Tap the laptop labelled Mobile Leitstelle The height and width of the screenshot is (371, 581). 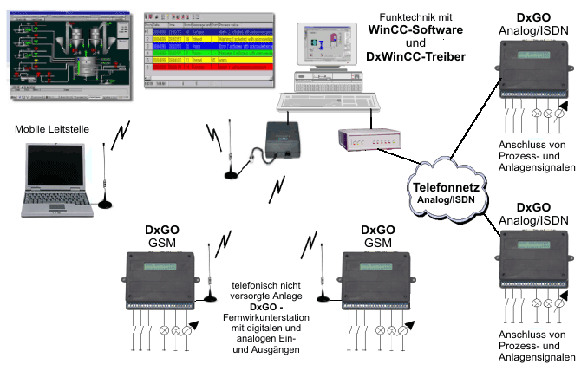(x=56, y=179)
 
